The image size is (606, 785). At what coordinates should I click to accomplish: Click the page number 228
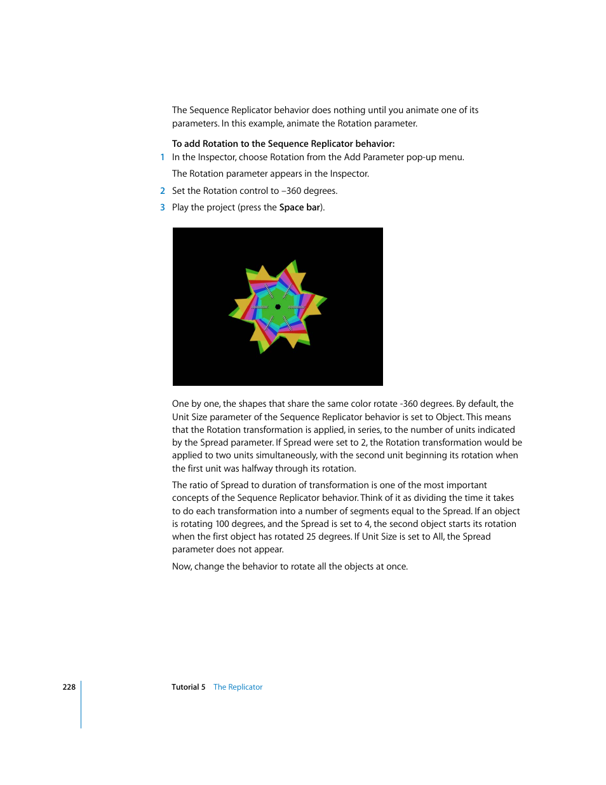coord(69,687)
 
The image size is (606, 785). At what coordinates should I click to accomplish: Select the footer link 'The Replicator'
coord(238,687)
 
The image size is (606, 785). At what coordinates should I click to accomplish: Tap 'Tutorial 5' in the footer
coord(188,687)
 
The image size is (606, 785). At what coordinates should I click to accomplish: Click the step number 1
coord(163,157)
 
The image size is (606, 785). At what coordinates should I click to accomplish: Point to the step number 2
coord(163,191)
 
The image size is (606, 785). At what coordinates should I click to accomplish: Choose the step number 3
coord(163,207)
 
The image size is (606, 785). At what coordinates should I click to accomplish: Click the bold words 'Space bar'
coord(300,207)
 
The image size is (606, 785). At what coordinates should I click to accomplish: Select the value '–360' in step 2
coord(292,191)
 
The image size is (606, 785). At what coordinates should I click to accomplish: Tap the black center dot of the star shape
coord(278,307)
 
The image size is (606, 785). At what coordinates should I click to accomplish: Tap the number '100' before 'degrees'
coord(222,524)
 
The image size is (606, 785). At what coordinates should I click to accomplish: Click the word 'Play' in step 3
coord(180,207)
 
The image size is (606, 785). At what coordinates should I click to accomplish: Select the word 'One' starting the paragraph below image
coord(180,404)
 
